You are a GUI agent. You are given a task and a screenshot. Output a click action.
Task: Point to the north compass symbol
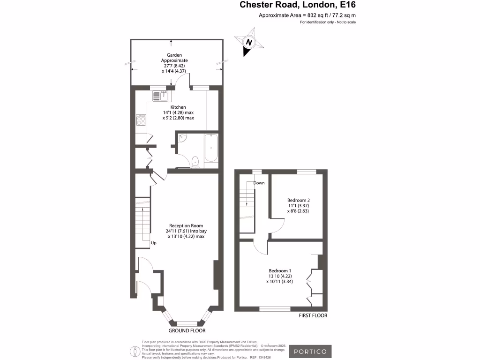tap(249, 42)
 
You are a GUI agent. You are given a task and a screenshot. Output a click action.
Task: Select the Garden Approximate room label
tap(174, 60)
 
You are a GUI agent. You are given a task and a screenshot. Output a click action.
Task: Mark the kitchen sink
tap(160, 96)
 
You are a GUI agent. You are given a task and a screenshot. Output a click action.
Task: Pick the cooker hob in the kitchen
tap(141, 121)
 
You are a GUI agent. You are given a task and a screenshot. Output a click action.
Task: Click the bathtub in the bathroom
tap(211, 148)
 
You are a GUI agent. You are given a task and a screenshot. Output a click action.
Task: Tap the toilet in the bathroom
tap(196, 162)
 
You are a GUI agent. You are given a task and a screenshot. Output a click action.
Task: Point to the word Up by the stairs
tap(153, 243)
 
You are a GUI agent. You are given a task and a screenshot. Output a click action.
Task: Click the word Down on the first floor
tap(259, 183)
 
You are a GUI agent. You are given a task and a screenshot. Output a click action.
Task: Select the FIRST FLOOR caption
tap(313, 315)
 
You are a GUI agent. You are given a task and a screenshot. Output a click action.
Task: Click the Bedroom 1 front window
tap(275, 308)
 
